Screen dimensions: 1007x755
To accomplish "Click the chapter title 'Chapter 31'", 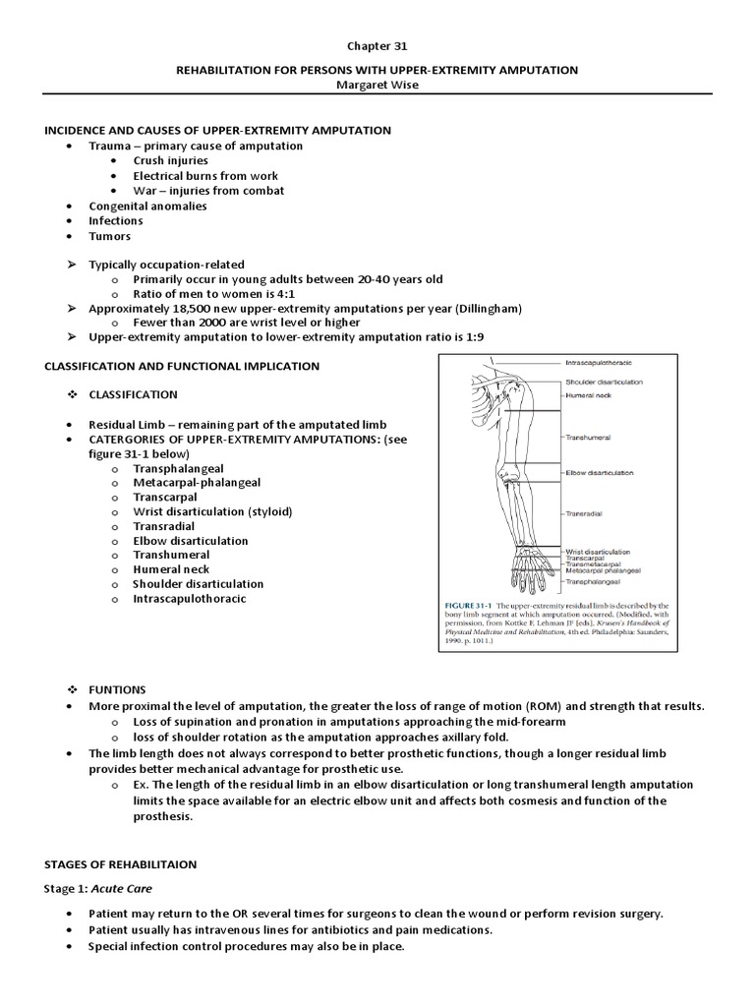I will click(377, 45).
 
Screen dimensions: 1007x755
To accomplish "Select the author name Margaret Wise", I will click(377, 86).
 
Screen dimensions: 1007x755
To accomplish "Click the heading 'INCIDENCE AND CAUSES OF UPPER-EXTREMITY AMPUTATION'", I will click(217, 131).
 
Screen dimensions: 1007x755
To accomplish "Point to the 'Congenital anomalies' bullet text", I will click(147, 206).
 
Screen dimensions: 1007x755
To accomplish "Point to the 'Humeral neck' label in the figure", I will click(591, 394).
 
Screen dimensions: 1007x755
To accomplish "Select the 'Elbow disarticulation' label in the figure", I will click(599, 473).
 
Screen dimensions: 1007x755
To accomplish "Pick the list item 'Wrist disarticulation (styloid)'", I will click(212, 511).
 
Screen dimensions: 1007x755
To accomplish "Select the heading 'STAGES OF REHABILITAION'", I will click(121, 864).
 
